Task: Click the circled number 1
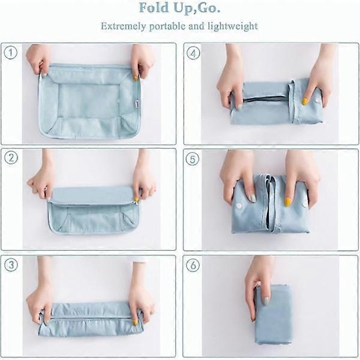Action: coord(11,53)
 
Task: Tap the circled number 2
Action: coord(11,158)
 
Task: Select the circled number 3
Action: coord(11,265)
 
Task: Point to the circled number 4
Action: coord(193,53)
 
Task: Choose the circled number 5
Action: coord(193,159)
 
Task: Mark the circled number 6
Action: coord(193,265)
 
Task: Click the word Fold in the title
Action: coord(154,8)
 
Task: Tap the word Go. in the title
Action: coord(208,8)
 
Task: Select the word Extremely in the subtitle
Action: coord(123,26)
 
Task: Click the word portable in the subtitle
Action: coord(167,26)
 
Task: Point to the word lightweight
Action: coord(233,26)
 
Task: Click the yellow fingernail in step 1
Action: coord(136,79)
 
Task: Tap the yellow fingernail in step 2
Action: coord(136,199)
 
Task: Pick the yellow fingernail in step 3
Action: coord(136,322)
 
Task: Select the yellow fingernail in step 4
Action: coord(305,101)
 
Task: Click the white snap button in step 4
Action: coord(317,101)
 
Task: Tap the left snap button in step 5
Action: coord(239,206)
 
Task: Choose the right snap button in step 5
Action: coord(305,204)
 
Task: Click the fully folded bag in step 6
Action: coord(274,314)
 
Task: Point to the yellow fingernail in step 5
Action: coord(287,202)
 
